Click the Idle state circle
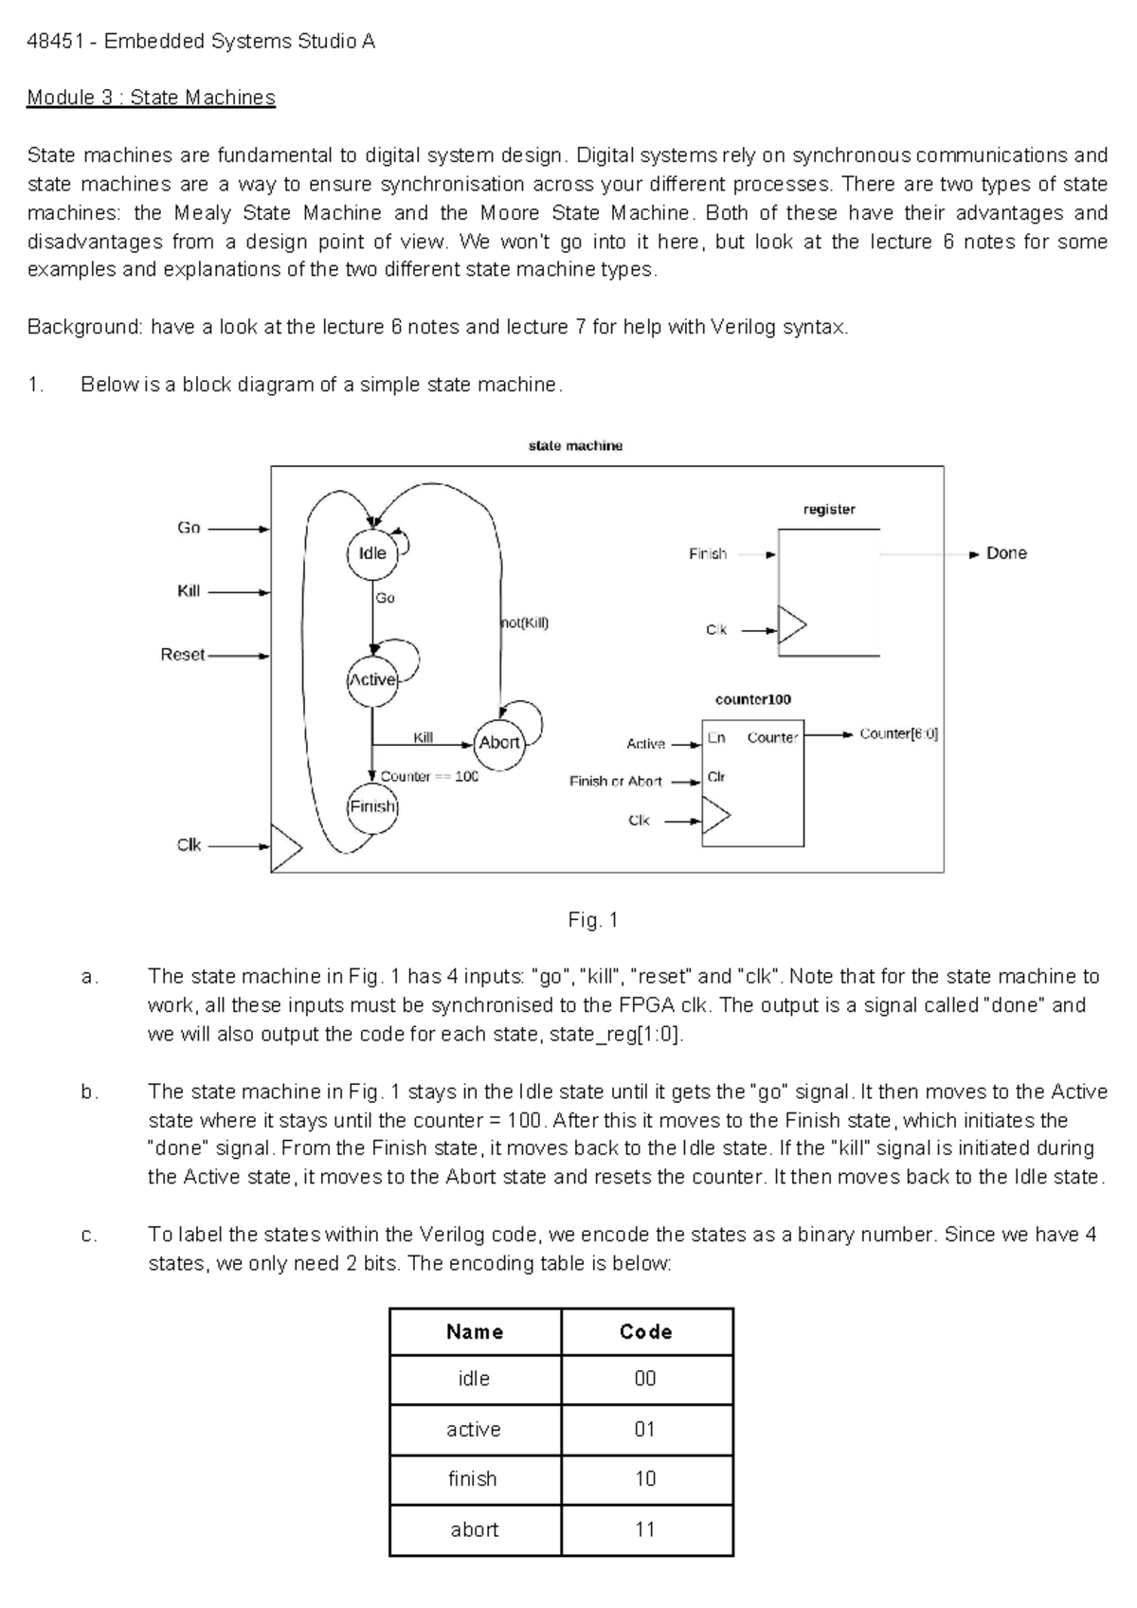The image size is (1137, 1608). [x=372, y=553]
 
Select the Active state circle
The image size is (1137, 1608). [x=372, y=680]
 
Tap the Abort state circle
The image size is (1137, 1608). [x=499, y=743]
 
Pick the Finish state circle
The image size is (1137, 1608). [x=372, y=807]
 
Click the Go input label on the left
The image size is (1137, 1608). [x=189, y=528]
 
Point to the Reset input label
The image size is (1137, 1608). [x=183, y=655]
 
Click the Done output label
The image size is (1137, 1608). [x=1006, y=553]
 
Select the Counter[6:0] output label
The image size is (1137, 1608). [x=898, y=734]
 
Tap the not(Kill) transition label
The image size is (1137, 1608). [x=524, y=623]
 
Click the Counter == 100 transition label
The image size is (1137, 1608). [x=429, y=777]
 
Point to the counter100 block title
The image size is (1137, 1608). [x=752, y=699]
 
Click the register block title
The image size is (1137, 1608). [x=829, y=510]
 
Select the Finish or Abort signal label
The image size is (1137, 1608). [x=615, y=782]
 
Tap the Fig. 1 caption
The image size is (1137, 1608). [x=592, y=919]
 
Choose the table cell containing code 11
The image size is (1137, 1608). [x=646, y=1529]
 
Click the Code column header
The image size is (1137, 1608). [x=646, y=1331]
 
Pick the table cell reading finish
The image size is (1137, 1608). [x=473, y=1479]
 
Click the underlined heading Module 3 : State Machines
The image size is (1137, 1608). [x=152, y=98]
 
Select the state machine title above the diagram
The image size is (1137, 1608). [x=575, y=445]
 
